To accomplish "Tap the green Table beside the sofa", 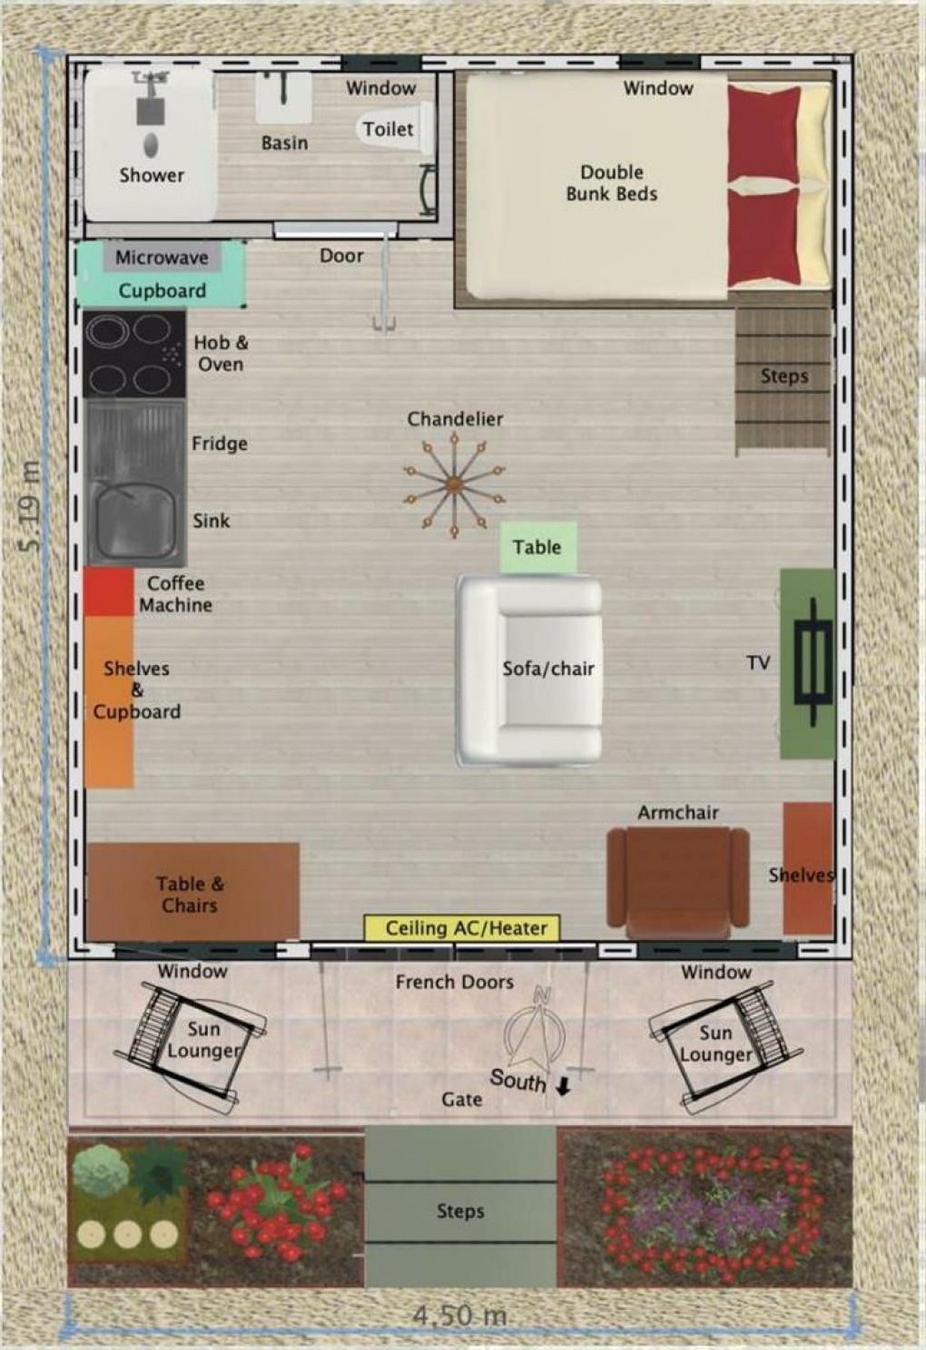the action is pos(538,547).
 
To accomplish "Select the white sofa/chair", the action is pos(529,670).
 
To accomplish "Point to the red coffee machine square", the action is pos(109,592).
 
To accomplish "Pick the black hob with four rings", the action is pos(134,354).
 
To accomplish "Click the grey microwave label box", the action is pos(163,258).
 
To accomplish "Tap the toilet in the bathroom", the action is pos(395,128).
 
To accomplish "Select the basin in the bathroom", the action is pos(283,98).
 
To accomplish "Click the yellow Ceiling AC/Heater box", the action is pos(461,927).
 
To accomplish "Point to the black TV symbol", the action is pos(813,661).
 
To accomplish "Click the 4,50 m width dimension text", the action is pos(459,1316).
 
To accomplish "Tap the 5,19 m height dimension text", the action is pos(29,506).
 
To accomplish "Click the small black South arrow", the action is pos(564,1087).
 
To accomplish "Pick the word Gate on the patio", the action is pos(462,1100).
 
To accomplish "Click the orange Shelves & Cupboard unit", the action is pos(109,701).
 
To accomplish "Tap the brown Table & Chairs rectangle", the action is pos(193,891).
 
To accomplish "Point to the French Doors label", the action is pos(455,983).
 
